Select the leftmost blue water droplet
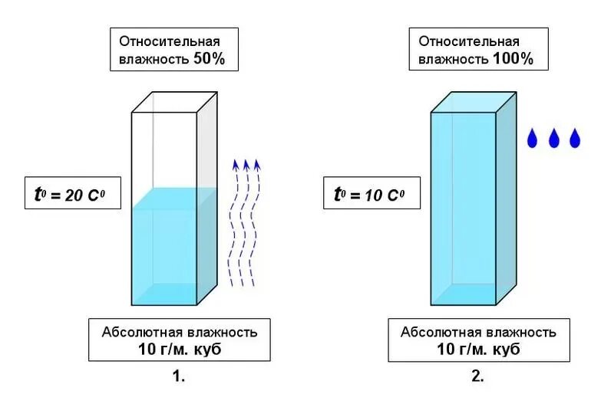(x=532, y=139)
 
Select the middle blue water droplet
(x=553, y=139)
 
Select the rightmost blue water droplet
(x=574, y=139)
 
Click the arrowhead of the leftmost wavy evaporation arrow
(x=236, y=163)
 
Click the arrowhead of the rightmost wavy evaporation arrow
(x=257, y=163)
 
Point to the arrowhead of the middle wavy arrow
(x=246, y=163)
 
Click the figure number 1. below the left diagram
(x=179, y=376)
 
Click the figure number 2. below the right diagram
(x=477, y=376)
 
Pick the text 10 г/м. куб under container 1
(x=180, y=350)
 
